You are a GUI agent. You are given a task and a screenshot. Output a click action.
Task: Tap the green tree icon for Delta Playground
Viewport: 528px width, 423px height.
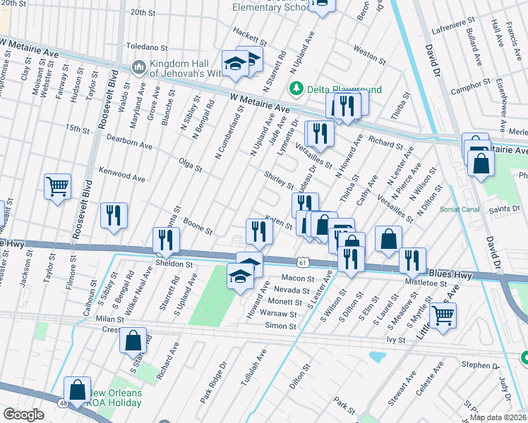click(296, 88)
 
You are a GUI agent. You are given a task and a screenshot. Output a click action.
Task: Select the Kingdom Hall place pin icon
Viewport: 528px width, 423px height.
click(138, 67)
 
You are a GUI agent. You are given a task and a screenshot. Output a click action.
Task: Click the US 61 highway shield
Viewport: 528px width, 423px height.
click(302, 262)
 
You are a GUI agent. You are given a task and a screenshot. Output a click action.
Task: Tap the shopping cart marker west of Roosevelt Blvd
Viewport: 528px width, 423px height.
click(57, 187)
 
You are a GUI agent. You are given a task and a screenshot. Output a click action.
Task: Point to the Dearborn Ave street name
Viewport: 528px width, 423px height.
click(129, 146)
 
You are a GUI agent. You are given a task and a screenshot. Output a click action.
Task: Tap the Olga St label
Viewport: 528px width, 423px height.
click(191, 166)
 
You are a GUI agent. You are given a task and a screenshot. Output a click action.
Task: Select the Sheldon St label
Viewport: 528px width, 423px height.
click(174, 264)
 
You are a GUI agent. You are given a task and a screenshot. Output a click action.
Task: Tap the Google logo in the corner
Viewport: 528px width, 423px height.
click(23, 415)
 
